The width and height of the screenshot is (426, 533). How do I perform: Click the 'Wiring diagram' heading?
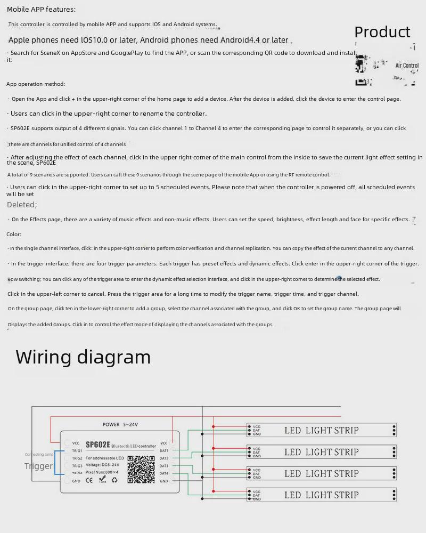[83, 357]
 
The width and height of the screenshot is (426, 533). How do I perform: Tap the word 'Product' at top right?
[382, 32]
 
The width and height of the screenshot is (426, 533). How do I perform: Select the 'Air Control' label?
[407, 66]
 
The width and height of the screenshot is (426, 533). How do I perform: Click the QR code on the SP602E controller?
[141, 469]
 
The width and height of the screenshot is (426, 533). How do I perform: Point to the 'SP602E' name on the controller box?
[97, 445]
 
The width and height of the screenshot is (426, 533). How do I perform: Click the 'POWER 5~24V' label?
[120, 424]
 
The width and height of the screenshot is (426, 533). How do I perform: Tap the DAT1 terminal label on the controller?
[164, 451]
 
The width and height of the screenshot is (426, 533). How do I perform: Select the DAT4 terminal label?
[164, 473]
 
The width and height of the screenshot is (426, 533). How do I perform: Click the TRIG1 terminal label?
[77, 451]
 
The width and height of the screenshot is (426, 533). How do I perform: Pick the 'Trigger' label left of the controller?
[38, 466]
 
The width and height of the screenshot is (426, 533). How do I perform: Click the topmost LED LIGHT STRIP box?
[322, 430]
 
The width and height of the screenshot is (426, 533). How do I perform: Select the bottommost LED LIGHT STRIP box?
[322, 495]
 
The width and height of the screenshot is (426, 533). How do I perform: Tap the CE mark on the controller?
[89, 480]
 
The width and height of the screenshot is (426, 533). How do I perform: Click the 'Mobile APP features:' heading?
[41, 9]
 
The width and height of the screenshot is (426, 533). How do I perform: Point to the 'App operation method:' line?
[36, 84]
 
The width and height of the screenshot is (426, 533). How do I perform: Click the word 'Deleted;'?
[22, 205]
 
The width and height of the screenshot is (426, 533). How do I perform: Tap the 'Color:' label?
[14, 234]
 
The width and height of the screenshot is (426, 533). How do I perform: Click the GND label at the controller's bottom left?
[76, 481]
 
